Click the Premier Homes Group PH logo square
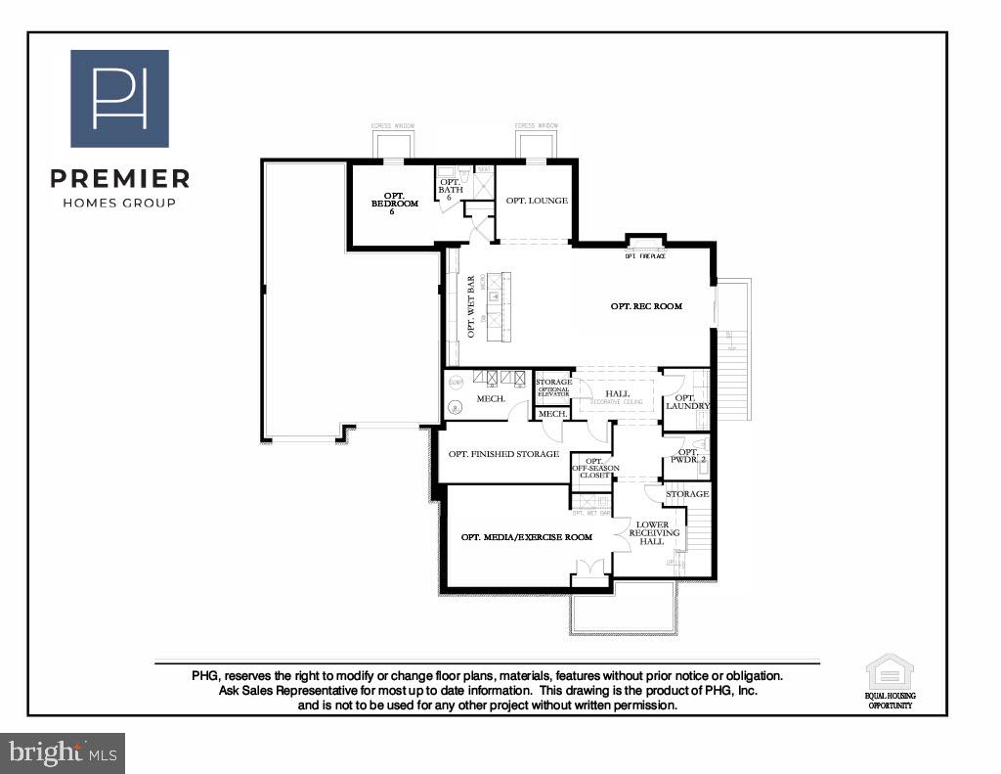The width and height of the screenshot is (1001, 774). pos(119,99)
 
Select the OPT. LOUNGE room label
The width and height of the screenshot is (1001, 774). pos(537,201)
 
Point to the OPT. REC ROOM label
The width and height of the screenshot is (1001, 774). pos(646,306)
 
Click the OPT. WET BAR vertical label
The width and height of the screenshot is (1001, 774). pos(471,306)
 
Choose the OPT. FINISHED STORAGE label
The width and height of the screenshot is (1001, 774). pos(503,454)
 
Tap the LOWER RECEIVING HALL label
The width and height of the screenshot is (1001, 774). pos(652,533)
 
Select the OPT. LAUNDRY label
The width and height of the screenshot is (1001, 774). pos(687,401)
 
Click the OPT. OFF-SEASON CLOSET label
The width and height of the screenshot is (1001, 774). pos(592,468)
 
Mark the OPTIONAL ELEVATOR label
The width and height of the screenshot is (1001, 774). pos(553,391)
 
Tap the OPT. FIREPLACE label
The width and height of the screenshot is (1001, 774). pos(645,256)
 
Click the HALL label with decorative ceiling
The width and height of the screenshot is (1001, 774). pos(617,395)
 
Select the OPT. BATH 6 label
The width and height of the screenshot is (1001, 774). pos(450,189)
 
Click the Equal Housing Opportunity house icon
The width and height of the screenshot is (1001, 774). pos(890,673)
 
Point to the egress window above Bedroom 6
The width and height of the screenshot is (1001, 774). pos(393,143)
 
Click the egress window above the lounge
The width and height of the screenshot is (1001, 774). pos(536,143)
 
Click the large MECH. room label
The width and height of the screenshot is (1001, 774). pos(491,399)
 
